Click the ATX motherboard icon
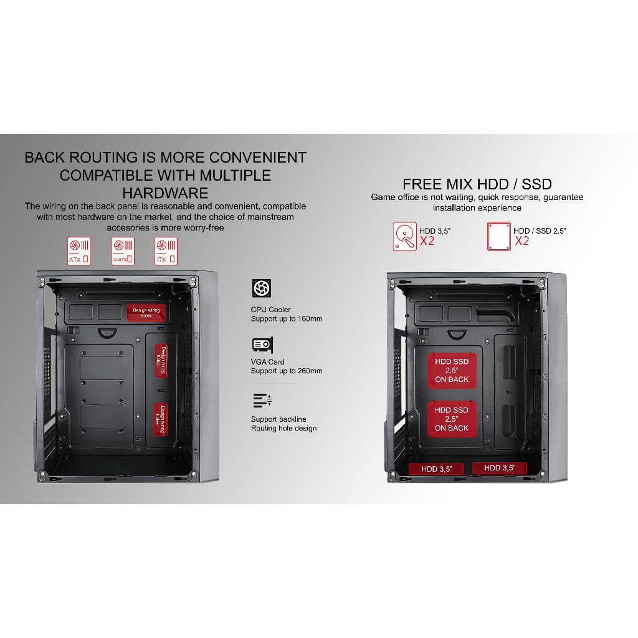coord(79,250)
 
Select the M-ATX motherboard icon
coord(122,250)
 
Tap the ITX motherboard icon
coord(166,250)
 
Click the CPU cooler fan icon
coord(261,288)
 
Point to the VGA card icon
coord(262,345)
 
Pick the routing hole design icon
coord(260,399)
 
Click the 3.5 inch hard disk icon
coord(405,237)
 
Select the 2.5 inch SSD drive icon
coord(498,237)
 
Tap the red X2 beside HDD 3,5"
coord(427,241)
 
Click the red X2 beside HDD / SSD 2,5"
coord(521,241)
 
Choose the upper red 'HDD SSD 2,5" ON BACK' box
coord(452,370)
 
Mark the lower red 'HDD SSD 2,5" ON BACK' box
coord(452,419)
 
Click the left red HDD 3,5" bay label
coord(436,469)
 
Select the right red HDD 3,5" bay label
coord(499,468)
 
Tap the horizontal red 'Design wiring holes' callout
coord(146,312)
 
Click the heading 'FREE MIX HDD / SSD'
coord(477,184)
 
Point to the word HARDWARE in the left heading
coord(165,192)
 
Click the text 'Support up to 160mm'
coord(287,319)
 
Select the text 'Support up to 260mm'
coord(287,371)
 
